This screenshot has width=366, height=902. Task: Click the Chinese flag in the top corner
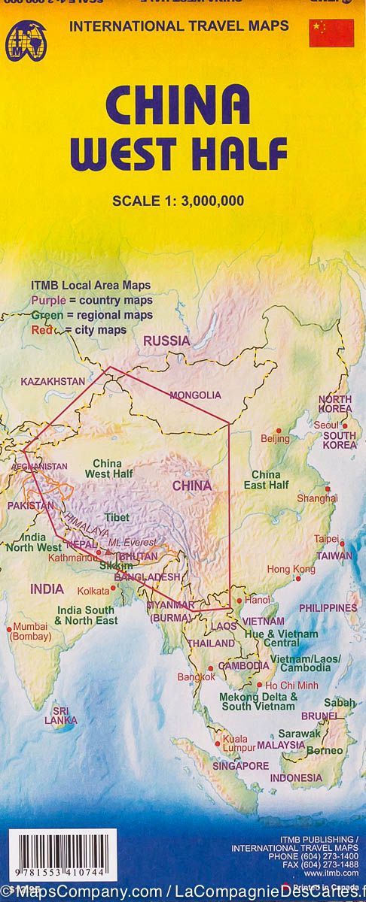point(331,33)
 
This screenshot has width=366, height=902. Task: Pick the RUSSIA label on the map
point(166,341)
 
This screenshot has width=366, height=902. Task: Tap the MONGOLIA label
point(195,395)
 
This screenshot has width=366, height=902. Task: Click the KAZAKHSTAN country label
point(53,381)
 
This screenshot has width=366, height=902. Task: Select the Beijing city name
point(275,438)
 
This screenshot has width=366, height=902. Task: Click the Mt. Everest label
point(133,542)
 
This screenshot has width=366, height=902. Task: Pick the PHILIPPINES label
point(328,607)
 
